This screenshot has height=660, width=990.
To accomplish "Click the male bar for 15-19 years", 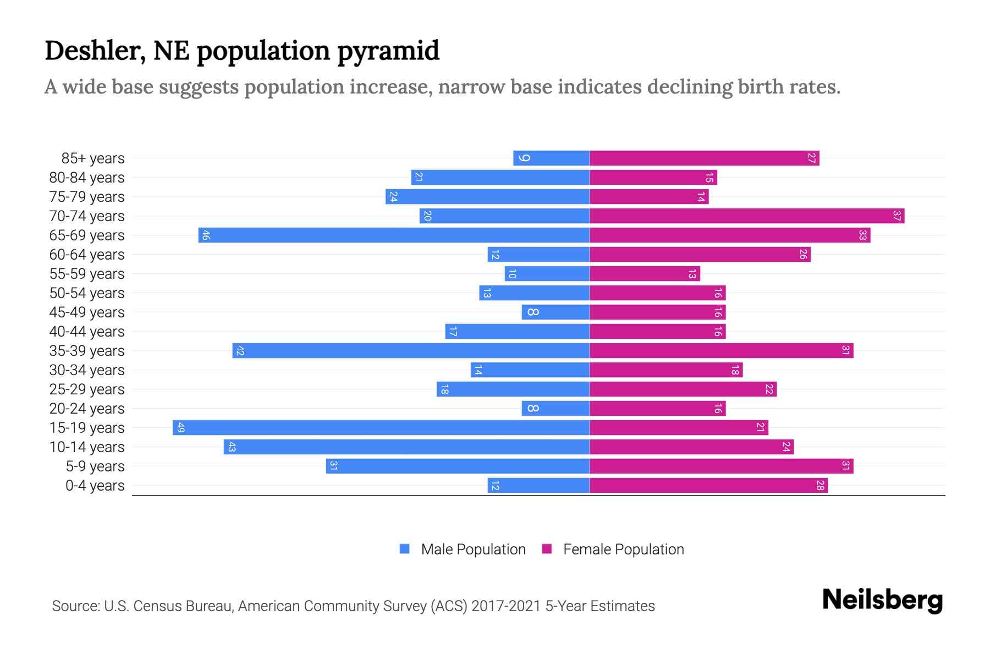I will tap(381, 428).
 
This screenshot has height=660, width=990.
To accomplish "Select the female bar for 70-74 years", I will tap(747, 216).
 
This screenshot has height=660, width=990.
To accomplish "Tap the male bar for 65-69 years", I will tap(394, 235).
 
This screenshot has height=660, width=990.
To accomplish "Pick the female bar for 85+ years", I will tap(704, 158).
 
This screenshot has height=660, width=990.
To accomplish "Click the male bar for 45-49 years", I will tap(555, 312).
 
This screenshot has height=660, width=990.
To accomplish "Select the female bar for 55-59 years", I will tap(645, 274).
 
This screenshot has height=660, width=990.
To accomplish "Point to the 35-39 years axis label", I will tap(87, 351).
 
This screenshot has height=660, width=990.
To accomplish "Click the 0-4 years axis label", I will tap(95, 486).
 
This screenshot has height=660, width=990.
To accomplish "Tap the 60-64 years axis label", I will tap(87, 255).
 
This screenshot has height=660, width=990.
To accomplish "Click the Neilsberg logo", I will tap(882, 600).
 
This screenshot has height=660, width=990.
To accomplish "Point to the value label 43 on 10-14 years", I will tap(232, 447).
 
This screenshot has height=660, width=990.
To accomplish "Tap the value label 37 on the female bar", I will tap(897, 216).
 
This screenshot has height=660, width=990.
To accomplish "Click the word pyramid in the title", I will tap(388, 51).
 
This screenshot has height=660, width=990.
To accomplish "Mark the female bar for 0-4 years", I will tap(708, 486).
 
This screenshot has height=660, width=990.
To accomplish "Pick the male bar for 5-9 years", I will tap(458, 466).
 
